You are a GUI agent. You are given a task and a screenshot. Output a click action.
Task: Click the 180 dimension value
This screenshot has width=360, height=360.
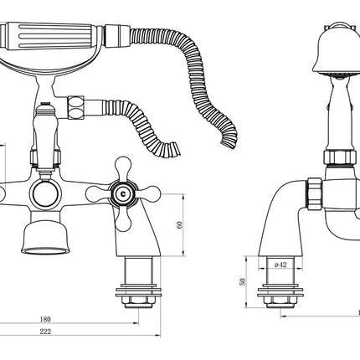[x=45, y=319]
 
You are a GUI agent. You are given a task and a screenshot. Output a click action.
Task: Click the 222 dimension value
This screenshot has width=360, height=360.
[x=45, y=332]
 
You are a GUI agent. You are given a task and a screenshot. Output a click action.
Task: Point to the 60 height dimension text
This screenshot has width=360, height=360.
[x=179, y=224]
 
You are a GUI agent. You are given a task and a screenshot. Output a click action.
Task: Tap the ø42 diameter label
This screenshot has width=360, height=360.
[x=280, y=265]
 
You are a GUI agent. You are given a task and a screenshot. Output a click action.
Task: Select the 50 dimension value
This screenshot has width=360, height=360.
[x=243, y=281]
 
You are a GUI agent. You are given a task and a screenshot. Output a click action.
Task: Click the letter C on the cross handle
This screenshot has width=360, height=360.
[x=123, y=193]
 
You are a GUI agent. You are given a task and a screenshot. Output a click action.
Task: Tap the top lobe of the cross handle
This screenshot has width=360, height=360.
[x=123, y=167]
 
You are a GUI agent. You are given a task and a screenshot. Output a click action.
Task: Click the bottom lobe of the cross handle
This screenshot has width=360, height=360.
[x=123, y=219]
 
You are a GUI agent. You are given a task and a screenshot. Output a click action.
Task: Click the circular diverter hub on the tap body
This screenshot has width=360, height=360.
[x=45, y=194]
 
